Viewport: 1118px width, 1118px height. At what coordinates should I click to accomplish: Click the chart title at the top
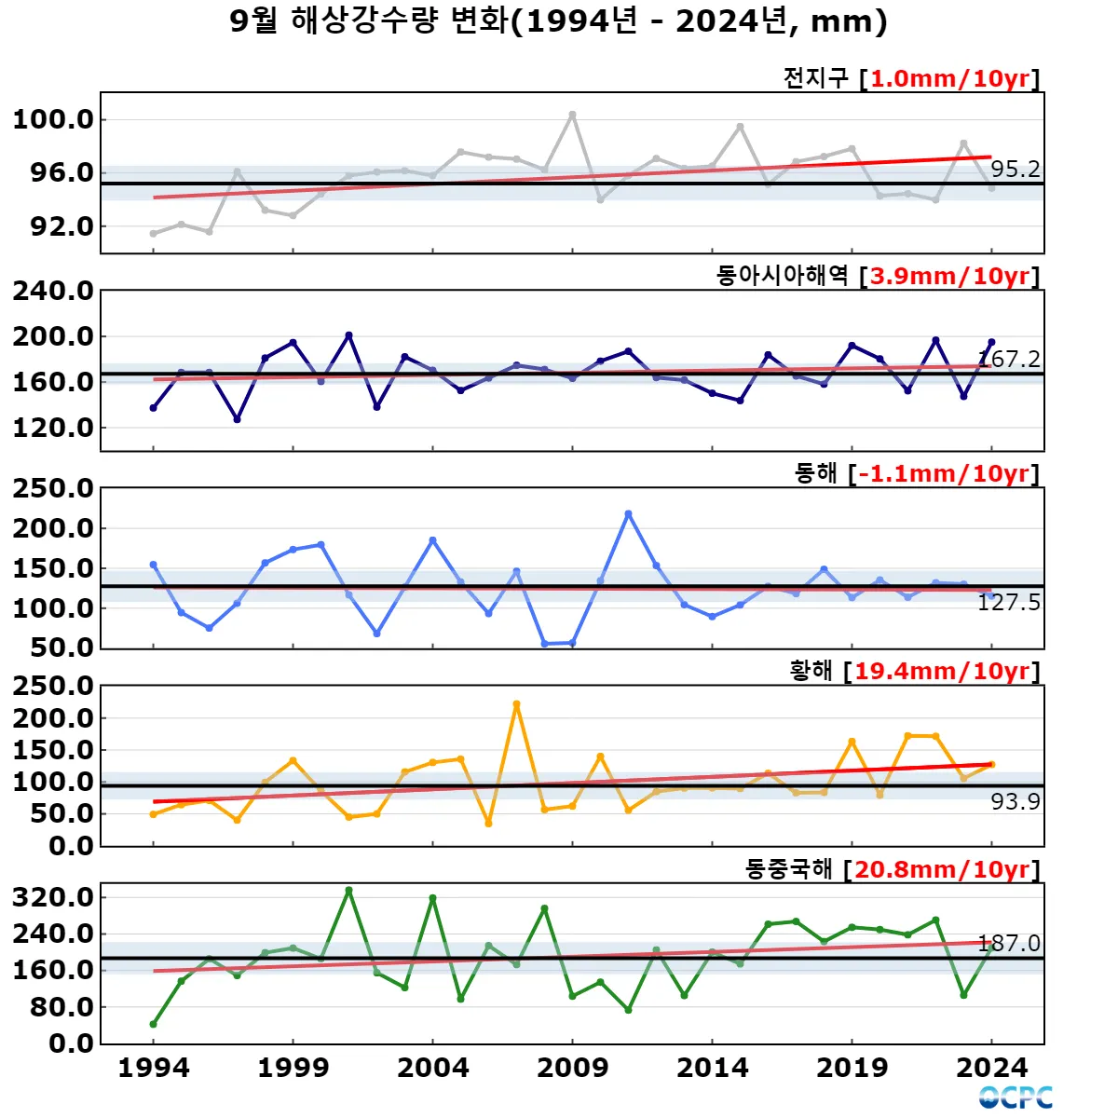(558, 21)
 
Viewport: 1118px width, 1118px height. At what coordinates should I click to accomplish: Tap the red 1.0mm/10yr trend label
(949, 78)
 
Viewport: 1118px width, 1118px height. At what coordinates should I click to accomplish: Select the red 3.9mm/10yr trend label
(949, 276)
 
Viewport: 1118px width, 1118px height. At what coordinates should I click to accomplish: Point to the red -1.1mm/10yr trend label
(944, 473)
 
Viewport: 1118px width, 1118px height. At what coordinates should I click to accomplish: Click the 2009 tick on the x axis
(572, 1068)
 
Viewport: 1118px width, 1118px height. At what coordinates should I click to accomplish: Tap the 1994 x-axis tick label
(154, 1068)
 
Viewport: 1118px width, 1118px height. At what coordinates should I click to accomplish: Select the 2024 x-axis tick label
(991, 1068)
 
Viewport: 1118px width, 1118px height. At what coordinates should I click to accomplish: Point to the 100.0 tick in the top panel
(53, 119)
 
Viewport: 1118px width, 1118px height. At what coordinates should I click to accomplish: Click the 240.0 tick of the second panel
(53, 291)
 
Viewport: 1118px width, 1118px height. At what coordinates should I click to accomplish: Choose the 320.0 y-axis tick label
(53, 897)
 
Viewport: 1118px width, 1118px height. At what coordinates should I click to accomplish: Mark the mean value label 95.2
(1015, 169)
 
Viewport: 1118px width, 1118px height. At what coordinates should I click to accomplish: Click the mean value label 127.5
(1008, 603)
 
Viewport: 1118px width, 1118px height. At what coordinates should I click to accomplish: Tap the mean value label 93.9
(1015, 801)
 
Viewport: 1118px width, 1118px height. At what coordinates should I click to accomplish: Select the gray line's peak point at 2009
(572, 115)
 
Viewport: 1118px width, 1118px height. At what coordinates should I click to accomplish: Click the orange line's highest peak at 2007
(516, 704)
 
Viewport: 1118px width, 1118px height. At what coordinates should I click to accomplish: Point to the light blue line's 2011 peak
(628, 513)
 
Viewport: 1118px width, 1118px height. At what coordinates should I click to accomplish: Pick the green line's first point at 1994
(154, 1024)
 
